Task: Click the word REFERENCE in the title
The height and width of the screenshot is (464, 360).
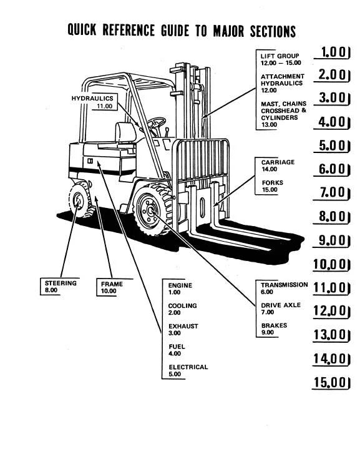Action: [x=129, y=30]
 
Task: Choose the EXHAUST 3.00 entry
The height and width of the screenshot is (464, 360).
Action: [x=183, y=330]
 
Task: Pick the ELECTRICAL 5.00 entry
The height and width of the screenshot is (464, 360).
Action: [x=188, y=370]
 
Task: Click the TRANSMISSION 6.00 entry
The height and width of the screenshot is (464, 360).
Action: [x=284, y=289]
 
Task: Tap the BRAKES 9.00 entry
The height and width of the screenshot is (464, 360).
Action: [x=274, y=328]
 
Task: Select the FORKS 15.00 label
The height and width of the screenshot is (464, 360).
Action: [x=272, y=186]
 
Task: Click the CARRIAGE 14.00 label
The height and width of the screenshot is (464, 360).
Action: [x=278, y=165]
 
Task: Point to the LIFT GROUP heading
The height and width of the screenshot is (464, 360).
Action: [x=280, y=56]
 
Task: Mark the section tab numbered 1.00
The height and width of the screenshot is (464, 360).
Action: [x=332, y=52]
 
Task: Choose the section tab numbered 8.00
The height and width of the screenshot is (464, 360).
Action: [x=332, y=217]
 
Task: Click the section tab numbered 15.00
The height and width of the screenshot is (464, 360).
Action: [x=331, y=382]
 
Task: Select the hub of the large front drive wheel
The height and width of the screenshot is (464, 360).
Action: [x=150, y=210]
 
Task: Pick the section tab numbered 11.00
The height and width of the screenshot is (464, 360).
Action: [x=331, y=288]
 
